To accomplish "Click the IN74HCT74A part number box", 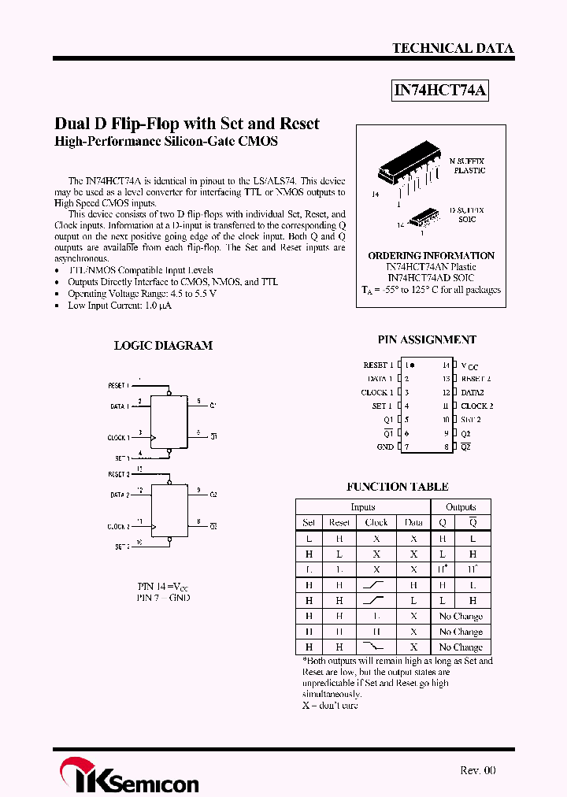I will (441, 91).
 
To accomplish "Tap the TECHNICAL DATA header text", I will (453, 48).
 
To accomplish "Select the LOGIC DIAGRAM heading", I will (163, 345).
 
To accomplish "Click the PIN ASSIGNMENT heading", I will (427, 339).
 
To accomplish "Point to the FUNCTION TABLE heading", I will (398, 487).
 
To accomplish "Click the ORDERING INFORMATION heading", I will (431, 255).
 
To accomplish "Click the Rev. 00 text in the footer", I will (477, 770).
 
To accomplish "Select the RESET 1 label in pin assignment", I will (378, 365).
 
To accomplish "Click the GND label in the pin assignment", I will (384, 447).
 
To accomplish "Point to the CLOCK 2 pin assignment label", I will (477, 406).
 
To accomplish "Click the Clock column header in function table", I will (376, 522).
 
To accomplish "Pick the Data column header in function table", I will (413, 522).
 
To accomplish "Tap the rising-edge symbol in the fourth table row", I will (376, 585).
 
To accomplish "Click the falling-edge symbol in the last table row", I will (376, 647).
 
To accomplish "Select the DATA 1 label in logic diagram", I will (118, 406).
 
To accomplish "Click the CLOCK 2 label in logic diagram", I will (118, 526).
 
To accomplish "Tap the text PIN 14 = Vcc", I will (163, 587).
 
